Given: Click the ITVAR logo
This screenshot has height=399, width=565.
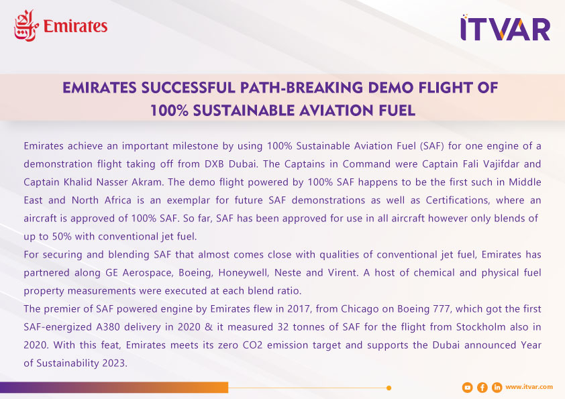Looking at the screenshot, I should [x=505, y=27].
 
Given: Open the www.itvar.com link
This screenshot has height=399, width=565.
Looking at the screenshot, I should [x=529, y=387].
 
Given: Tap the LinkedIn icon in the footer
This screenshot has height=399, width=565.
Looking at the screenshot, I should [x=497, y=388].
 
